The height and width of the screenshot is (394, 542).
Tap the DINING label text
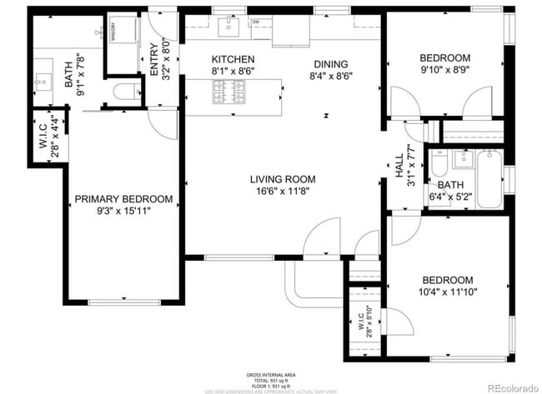coord(330,64)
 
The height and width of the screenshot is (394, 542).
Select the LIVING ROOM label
coord(283,178)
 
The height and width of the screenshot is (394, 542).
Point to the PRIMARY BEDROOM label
coord(123,199)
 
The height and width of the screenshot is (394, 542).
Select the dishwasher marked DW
coord(256,22)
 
